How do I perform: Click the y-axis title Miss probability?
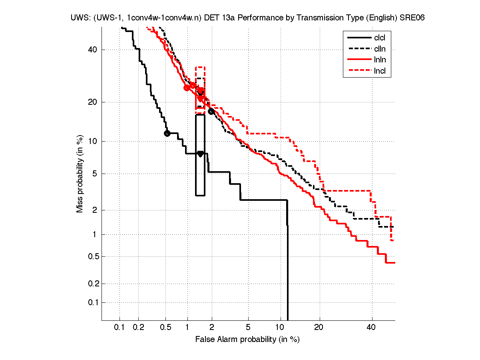80,173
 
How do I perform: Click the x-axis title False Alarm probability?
247,340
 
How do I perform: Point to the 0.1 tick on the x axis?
120,328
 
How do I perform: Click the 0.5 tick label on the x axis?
165,328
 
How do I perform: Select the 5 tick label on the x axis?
248,328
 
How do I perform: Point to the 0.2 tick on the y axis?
92,284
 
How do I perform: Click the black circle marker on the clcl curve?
167,133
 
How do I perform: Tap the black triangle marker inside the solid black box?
200,154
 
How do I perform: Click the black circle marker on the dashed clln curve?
211,111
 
